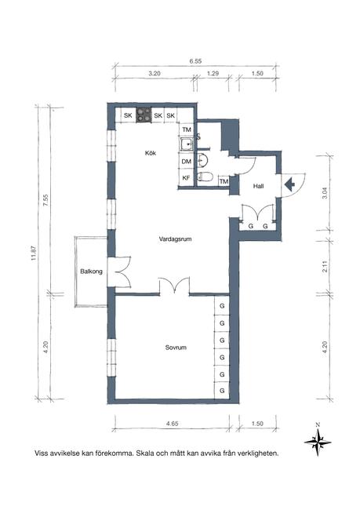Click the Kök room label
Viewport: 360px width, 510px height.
point(151,152)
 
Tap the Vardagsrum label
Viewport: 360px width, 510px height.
point(175,239)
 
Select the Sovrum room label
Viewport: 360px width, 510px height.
point(176,348)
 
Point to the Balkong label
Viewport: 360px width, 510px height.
point(91,271)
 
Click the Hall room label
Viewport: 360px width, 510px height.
point(258,186)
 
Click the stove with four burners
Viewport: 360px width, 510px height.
point(144,115)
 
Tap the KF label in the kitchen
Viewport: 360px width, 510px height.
point(186,178)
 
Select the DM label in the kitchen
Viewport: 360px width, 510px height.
point(187,162)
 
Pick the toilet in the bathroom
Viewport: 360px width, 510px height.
point(205,177)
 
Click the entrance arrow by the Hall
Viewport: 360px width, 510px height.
point(289,184)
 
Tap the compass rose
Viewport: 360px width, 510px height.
point(318,442)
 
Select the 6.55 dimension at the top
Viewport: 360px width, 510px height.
point(195,61)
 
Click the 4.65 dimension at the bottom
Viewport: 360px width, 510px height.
point(172,424)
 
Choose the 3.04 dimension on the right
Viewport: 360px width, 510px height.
point(325,193)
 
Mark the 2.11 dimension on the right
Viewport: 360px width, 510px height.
point(325,267)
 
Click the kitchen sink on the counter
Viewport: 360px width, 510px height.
point(187,144)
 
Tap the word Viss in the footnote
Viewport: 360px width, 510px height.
point(42,453)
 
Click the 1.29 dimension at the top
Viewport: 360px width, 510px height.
point(213,74)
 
